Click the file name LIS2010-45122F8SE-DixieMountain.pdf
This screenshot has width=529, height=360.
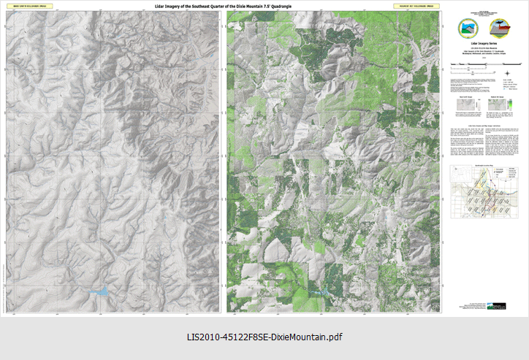[x=264, y=337]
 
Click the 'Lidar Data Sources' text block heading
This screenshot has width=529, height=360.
[x=485, y=126]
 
